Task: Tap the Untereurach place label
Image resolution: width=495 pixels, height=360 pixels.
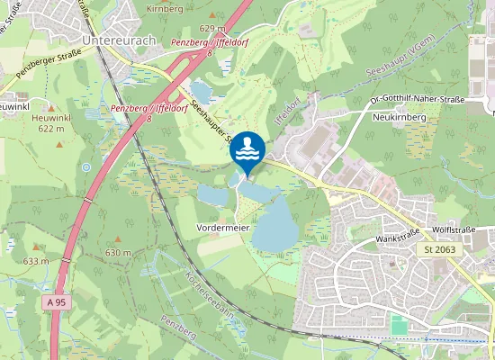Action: [118, 40]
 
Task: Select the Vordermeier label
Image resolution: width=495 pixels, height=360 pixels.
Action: [222, 229]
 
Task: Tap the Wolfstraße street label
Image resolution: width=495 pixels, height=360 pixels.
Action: [451, 217]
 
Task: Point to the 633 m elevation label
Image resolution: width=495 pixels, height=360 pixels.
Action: [36, 261]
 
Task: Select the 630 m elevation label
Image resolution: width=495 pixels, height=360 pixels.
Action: [118, 254]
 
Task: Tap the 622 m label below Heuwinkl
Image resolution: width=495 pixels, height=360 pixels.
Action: [53, 130]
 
